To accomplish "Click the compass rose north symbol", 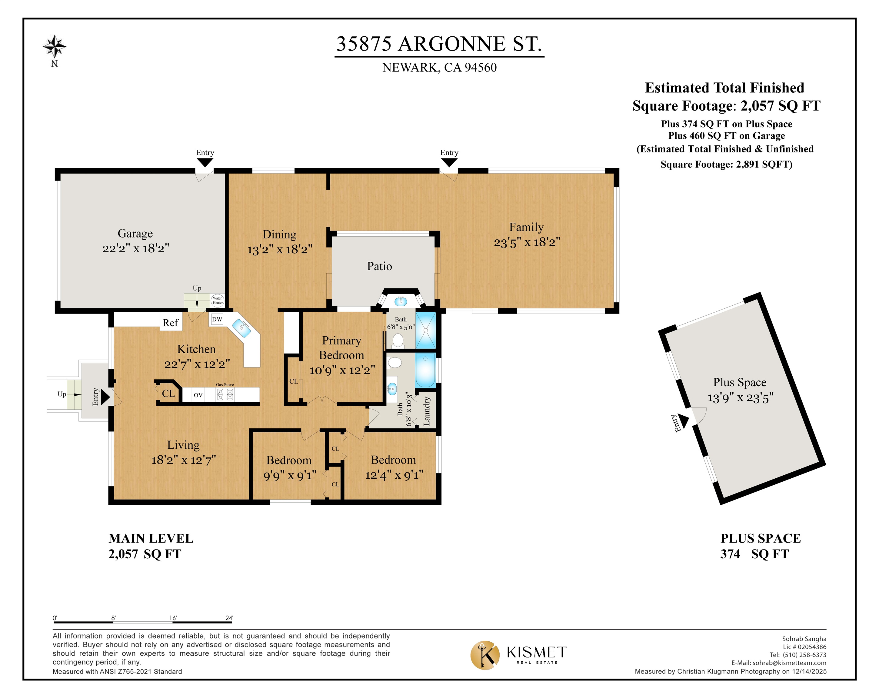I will tap(54, 46).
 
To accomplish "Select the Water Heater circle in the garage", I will tap(217, 301).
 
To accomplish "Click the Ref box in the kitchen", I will tap(171, 323).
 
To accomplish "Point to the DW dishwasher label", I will tap(217, 319).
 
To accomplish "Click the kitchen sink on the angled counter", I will tap(241, 328).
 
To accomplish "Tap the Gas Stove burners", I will tap(225, 394).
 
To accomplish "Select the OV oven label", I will tap(198, 395).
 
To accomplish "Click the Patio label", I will tap(379, 266).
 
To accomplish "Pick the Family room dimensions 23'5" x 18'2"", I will tap(527, 242).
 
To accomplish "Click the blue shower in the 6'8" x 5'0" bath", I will tap(425, 330).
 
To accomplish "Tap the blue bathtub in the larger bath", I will tap(425, 370).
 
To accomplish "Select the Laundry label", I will tap(426, 411).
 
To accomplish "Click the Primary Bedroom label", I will tap(342, 347).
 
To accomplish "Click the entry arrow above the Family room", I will tap(449, 162).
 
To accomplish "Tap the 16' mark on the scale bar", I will tap(173, 618).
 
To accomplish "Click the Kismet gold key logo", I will tap(485, 655).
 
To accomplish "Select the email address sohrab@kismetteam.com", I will tap(789, 663).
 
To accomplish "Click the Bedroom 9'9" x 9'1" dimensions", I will tap(289, 475).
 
